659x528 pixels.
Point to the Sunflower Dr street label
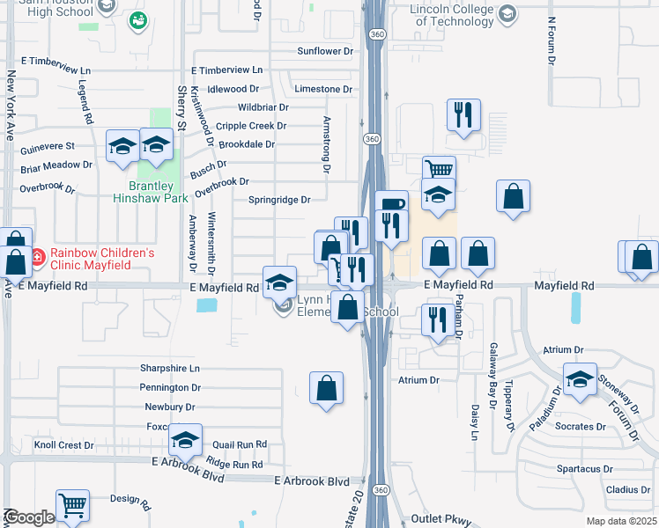[324, 51]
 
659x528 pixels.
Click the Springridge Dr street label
[278, 200]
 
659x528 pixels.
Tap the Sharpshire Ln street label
[170, 368]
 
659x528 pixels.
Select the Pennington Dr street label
[170, 387]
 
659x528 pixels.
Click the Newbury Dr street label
[170, 407]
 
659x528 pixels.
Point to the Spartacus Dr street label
[594, 468]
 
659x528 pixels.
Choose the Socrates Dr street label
[581, 427]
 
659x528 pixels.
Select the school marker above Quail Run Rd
[185, 439]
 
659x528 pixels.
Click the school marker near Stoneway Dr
[580, 378]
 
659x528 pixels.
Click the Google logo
[28, 517]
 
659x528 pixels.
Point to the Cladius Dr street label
[628, 489]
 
